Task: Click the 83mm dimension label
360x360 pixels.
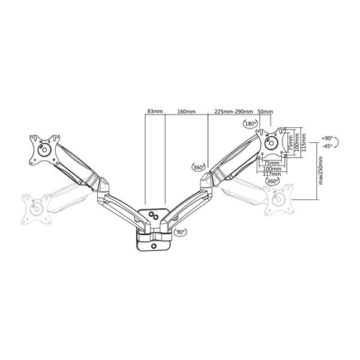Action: coord(154,112)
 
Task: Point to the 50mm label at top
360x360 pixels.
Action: coord(265,112)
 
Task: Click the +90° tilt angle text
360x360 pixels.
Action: coord(328,137)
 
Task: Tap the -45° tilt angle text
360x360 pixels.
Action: coord(328,146)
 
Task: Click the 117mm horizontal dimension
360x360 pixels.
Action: coord(273,175)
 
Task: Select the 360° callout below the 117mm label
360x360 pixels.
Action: coord(272,181)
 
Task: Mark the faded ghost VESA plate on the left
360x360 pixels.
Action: coord(35,208)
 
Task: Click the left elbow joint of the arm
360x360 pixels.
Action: coord(98,181)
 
